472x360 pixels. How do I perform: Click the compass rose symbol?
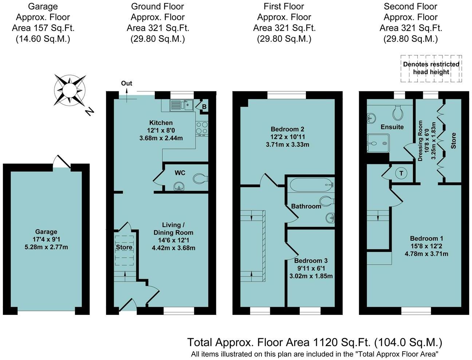tap(70, 90)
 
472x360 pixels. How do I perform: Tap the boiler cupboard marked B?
tap(204, 106)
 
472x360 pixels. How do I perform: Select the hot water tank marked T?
tap(401, 173)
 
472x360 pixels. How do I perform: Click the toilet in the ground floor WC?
tap(200, 178)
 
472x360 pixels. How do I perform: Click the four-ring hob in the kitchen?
tap(202, 128)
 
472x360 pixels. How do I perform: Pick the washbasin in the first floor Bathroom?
tap(330, 218)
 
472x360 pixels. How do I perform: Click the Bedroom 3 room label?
tap(311, 261)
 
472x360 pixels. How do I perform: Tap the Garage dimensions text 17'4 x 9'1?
tap(46, 239)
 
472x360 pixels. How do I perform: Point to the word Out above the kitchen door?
tap(126, 83)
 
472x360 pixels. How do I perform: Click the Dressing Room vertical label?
tap(420, 141)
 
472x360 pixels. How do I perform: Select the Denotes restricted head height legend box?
tap(431, 68)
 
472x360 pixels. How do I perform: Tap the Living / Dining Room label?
tap(173, 229)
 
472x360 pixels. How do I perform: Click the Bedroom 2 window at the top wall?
tap(286, 95)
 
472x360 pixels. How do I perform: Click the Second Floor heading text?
tap(410, 7)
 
